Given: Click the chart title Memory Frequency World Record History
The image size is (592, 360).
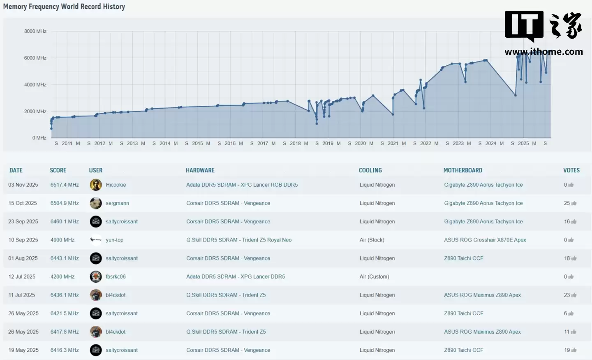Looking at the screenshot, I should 64,7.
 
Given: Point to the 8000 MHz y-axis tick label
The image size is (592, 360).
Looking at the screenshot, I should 35,31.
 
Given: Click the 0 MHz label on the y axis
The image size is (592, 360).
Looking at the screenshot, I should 39,138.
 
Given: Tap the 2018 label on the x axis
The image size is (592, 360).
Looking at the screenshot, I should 295,144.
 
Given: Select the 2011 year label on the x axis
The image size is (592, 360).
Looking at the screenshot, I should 67,144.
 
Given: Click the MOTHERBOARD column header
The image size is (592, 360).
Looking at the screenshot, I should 462,170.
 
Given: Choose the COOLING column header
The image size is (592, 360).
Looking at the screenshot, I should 370,170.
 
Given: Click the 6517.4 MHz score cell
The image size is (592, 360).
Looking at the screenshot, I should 65,185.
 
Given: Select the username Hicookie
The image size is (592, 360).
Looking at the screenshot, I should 116,185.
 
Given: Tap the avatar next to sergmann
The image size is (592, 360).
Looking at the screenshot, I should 96,203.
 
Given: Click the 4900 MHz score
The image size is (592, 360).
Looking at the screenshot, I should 62,240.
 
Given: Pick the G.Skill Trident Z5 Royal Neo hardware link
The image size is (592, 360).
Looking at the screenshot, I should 239,240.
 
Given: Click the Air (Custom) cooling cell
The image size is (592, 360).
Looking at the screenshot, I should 374,276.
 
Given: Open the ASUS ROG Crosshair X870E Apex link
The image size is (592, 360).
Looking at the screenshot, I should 485,240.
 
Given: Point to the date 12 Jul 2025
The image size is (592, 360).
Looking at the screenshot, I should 22,276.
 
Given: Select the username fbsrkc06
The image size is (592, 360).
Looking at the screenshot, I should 116,276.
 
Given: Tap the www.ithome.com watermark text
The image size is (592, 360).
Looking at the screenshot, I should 543,52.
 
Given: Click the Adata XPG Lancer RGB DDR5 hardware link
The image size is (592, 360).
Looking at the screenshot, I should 242,185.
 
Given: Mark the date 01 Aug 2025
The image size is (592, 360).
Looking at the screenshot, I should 23,258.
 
